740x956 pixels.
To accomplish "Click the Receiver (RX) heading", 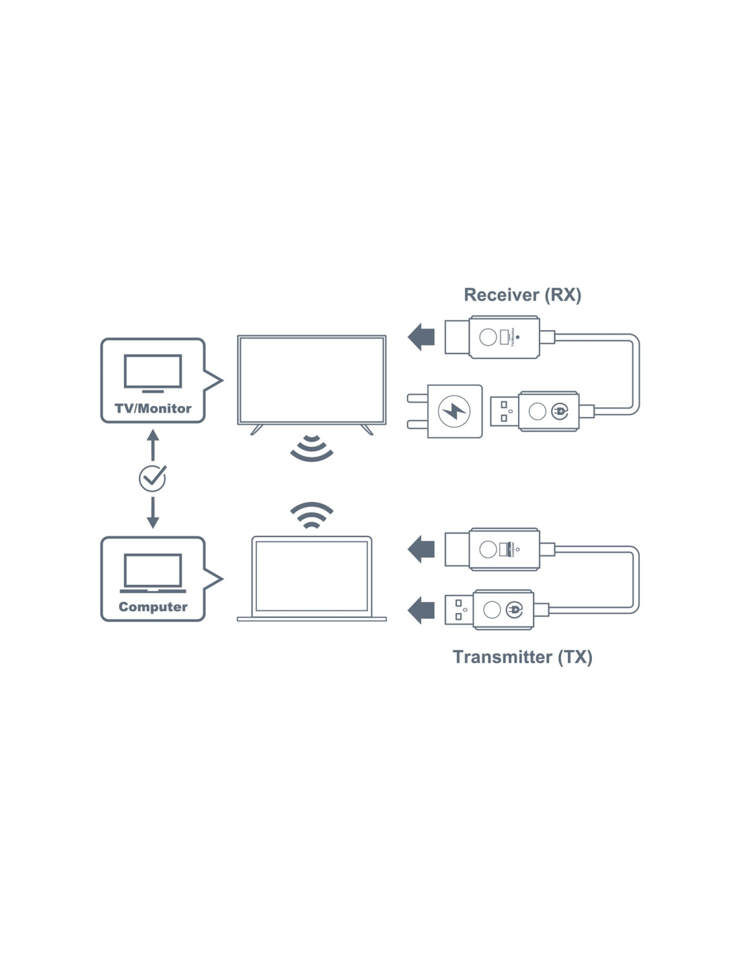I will coord(522,295).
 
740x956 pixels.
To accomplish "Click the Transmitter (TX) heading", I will coord(522,657).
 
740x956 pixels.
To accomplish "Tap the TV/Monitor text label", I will coord(153,408).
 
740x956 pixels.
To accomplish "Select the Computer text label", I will coord(153,606).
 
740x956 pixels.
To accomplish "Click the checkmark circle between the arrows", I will coord(152,478).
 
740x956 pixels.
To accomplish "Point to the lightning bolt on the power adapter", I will coord(454,411).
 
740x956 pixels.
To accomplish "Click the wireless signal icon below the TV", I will coord(311,448).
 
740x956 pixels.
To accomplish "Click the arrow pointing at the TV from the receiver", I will coord(421,337).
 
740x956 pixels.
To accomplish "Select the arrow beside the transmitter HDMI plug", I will coord(421,549).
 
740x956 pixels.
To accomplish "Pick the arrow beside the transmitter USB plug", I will coord(421,610).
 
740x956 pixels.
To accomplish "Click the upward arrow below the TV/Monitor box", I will coord(153,444).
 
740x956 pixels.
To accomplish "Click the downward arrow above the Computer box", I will coord(153,512).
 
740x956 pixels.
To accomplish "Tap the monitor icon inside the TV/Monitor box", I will coord(153,372).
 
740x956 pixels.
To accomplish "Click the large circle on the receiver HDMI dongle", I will coord(488,337).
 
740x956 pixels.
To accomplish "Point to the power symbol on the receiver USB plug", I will coord(560,411).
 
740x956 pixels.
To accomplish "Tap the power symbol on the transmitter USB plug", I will coord(515,610).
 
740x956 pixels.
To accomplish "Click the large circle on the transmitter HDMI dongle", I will coord(488,549).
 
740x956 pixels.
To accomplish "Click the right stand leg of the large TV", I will coord(367,430).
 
